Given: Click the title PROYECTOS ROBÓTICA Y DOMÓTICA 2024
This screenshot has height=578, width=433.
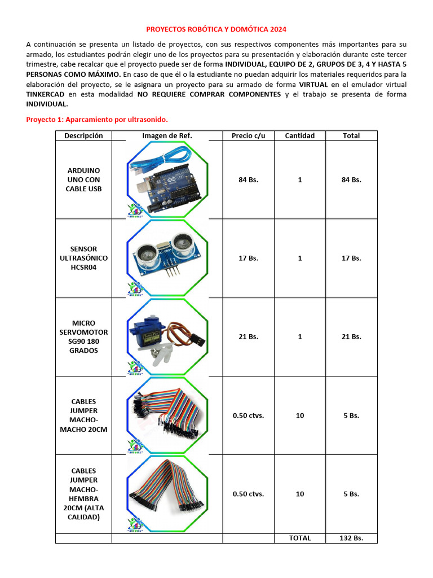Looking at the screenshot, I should (x=216, y=29).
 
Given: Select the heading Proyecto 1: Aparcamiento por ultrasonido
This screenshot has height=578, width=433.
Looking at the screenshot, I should (x=97, y=120).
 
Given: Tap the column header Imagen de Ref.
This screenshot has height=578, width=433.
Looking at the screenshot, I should (x=167, y=135).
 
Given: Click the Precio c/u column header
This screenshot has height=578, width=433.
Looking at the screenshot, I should (x=248, y=135).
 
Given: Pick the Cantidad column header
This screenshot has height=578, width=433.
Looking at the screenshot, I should (x=300, y=135).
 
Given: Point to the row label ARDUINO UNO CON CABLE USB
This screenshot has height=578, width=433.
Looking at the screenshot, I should (x=83, y=179).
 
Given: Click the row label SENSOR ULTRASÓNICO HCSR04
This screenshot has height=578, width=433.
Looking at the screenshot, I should (x=83, y=258).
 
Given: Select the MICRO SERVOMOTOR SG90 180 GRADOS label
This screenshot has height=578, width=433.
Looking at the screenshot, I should (x=83, y=336).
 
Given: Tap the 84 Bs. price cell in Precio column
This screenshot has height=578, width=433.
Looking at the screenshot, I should (x=248, y=179).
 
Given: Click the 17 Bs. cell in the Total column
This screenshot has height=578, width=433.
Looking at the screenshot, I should (x=351, y=258).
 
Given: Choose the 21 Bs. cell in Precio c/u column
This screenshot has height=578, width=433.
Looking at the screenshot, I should (x=248, y=336).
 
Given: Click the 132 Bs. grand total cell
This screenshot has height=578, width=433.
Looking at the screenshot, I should (x=351, y=538).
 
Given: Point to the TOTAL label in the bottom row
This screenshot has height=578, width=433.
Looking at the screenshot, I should (x=300, y=538).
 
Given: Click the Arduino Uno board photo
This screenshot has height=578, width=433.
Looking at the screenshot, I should (x=171, y=189).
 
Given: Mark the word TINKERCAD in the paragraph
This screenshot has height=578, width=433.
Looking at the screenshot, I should (x=45, y=94).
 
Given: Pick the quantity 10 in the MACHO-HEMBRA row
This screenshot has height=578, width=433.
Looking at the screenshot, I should (x=300, y=494).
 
